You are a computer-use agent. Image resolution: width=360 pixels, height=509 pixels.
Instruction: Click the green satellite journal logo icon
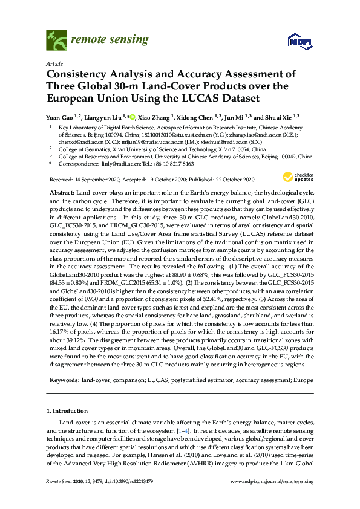[56, 41]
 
